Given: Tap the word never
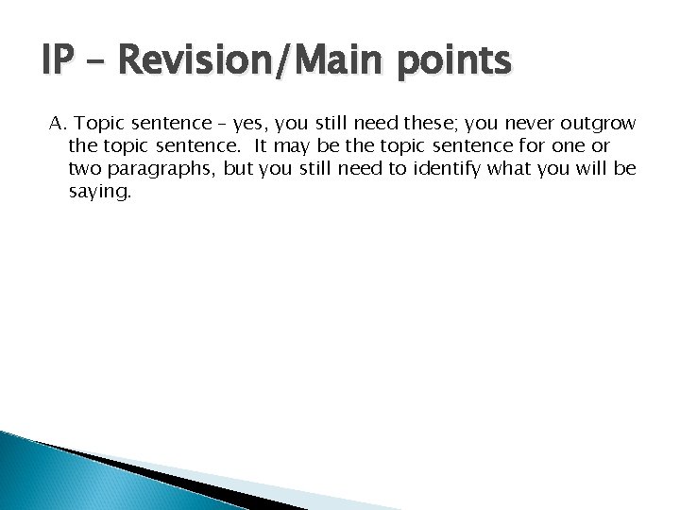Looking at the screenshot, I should coord(533,124).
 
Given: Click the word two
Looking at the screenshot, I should coord(84,169).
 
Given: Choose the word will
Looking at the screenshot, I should coord(594,168).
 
